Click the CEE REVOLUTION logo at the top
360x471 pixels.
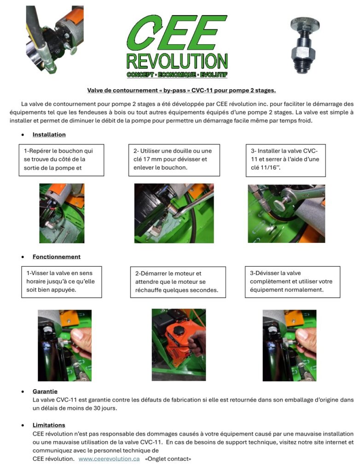tap(177, 44)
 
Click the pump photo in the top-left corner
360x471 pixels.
tap(55, 39)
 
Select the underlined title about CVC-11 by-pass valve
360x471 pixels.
tap(181, 90)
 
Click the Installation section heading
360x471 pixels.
tap(49, 135)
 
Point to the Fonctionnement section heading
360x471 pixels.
tap(56, 257)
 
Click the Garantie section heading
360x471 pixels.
tap(45, 391)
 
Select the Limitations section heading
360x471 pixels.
tap(49, 425)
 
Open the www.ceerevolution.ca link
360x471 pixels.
tap(109, 459)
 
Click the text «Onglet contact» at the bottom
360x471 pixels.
tap(168, 459)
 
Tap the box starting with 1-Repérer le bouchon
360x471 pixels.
tap(62, 160)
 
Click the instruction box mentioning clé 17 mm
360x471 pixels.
tap(174, 160)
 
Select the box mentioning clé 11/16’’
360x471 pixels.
tap(285, 160)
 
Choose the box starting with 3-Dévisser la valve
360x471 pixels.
tap(292, 281)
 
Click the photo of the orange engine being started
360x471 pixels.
tap(179, 345)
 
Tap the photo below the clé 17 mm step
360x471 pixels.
tap(174, 213)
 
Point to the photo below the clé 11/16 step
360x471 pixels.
tap(286, 213)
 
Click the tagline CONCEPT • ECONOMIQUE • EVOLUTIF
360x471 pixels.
tap(177, 74)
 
